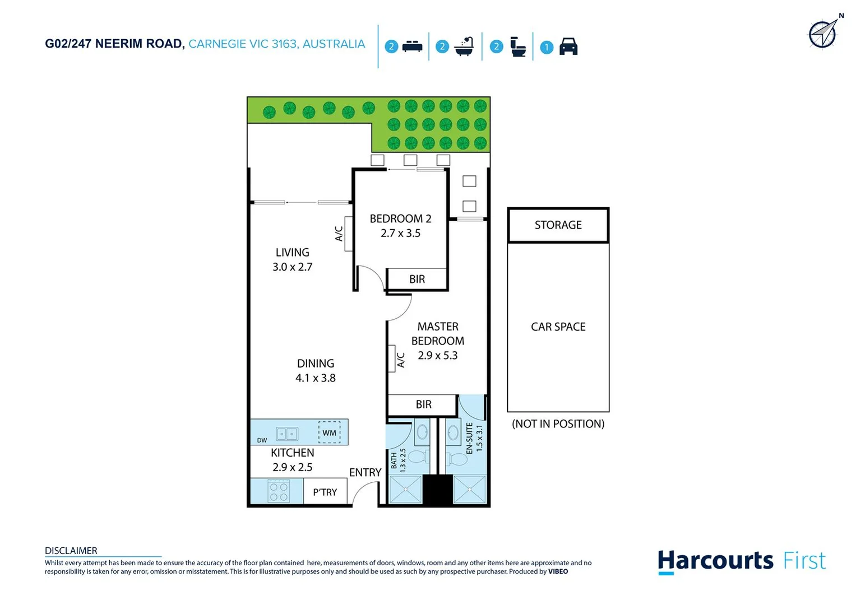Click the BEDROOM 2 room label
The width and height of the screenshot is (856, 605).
400,218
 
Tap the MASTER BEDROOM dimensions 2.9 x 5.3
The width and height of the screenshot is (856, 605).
437,355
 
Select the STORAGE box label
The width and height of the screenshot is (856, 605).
558,225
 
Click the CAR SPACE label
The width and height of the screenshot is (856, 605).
558,327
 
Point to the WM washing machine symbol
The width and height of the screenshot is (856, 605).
329,432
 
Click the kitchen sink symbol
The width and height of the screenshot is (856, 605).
286,434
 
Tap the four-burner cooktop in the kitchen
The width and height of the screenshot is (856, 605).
278,491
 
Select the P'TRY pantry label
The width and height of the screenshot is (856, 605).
325,492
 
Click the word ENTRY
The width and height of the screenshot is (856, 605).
365,473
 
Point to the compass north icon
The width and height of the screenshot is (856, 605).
823,34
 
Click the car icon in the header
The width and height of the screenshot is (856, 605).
568,46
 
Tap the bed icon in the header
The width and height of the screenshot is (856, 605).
412,46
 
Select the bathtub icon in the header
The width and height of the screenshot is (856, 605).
464,46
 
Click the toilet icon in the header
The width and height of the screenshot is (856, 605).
518,46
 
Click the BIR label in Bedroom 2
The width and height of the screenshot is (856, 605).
417,279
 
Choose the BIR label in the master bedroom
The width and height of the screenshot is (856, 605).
423,404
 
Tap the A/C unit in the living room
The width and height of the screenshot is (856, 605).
348,234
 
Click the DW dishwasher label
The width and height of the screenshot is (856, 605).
262,440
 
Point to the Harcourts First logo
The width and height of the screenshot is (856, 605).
741,561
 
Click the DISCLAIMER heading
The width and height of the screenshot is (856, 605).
71,551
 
